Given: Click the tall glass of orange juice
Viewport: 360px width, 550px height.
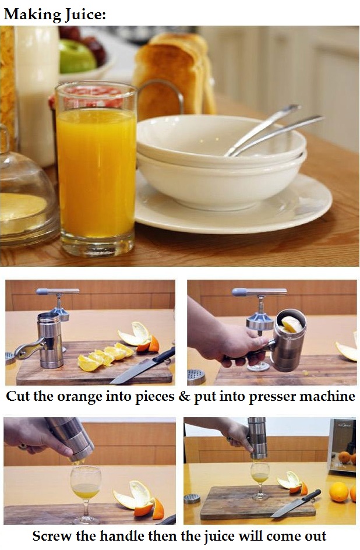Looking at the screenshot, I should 96,169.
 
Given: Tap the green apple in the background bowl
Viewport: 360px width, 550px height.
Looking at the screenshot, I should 77,57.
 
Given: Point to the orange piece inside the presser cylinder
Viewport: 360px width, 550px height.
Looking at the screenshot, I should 292,324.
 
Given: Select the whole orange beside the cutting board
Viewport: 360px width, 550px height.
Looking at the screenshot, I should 338,492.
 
